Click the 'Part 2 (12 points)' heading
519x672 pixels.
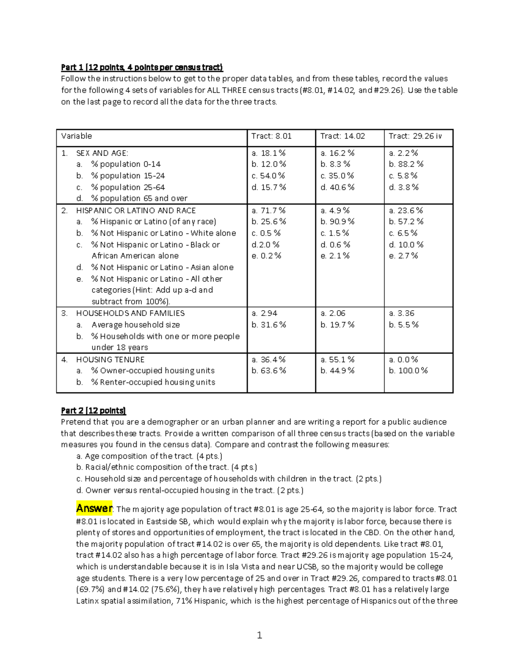pyautogui.click(x=93, y=411)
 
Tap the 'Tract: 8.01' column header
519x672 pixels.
pyautogui.click(x=272, y=136)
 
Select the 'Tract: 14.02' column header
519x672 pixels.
pyautogui.click(x=343, y=136)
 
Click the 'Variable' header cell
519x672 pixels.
pyautogui.click(x=77, y=136)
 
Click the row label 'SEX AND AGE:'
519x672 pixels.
pyautogui.click(x=102, y=153)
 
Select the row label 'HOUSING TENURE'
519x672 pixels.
pyautogui.click(x=110, y=360)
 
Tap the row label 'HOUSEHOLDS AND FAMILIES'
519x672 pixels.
pyautogui.click(x=130, y=313)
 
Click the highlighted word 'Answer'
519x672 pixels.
pyautogui.click(x=94, y=508)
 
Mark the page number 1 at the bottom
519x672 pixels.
pyautogui.click(x=259, y=635)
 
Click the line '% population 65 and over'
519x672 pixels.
pyautogui.click(x=139, y=199)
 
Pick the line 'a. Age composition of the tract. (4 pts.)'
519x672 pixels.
pyautogui.click(x=149, y=456)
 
